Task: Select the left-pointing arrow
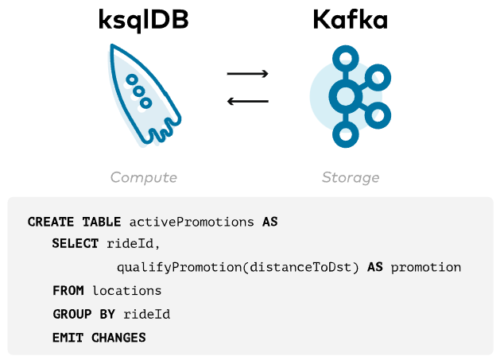tap(247, 101)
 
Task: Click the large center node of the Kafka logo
tap(345, 97)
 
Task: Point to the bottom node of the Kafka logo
tap(345, 136)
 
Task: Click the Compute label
tap(143, 177)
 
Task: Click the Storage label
tap(350, 177)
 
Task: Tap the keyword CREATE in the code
tap(51, 221)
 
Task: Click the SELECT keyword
tap(75, 244)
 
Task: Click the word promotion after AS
tap(425, 268)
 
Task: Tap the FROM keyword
tap(68, 291)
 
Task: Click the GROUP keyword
tap(72, 314)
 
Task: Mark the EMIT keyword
tap(68, 338)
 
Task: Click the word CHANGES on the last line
tap(118, 338)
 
